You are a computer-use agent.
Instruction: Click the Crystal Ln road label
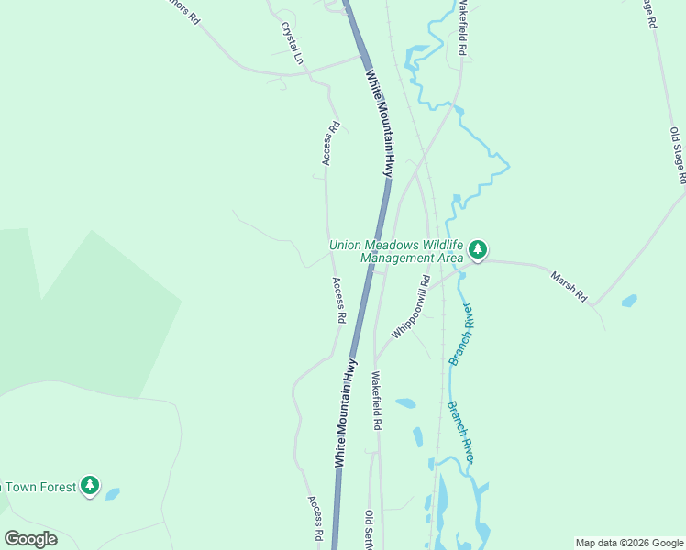pyautogui.click(x=293, y=42)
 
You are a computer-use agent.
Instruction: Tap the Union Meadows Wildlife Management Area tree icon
pyautogui.click(x=477, y=249)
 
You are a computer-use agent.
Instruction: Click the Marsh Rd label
pyautogui.click(x=569, y=286)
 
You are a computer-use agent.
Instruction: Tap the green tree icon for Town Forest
pyautogui.click(x=89, y=485)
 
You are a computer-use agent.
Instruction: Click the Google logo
pyautogui.click(x=30, y=538)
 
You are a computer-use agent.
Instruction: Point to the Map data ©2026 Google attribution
pyautogui.click(x=629, y=543)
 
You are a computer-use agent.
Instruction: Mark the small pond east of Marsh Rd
pyautogui.click(x=629, y=301)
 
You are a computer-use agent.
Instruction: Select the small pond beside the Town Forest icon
pyautogui.click(x=112, y=494)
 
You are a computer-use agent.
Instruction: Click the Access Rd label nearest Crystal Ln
pyautogui.click(x=331, y=144)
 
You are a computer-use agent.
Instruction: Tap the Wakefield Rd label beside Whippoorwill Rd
pyautogui.click(x=376, y=401)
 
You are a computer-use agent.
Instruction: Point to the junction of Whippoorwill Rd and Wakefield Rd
pyautogui.click(x=375, y=359)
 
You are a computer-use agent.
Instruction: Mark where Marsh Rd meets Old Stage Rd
pyautogui.click(x=593, y=303)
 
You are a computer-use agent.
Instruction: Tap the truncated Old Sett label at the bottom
pyautogui.click(x=370, y=531)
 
